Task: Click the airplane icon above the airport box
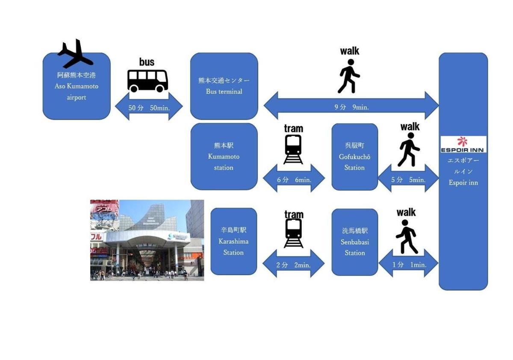(75, 54)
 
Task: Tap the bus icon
(147, 80)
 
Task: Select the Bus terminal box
(224, 86)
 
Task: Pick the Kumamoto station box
(224, 156)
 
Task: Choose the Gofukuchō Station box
(354, 156)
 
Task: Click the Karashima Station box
(233, 241)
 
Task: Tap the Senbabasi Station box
(354, 242)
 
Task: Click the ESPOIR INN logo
(463, 145)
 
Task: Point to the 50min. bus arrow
(149, 107)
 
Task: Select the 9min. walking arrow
(351, 106)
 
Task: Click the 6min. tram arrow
(294, 179)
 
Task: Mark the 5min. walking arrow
(408, 179)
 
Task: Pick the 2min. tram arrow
(293, 264)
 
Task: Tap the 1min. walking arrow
(409, 264)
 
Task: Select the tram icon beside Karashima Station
(294, 233)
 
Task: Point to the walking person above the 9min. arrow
(349, 76)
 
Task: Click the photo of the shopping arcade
(147, 240)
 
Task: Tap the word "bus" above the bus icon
(147, 62)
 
